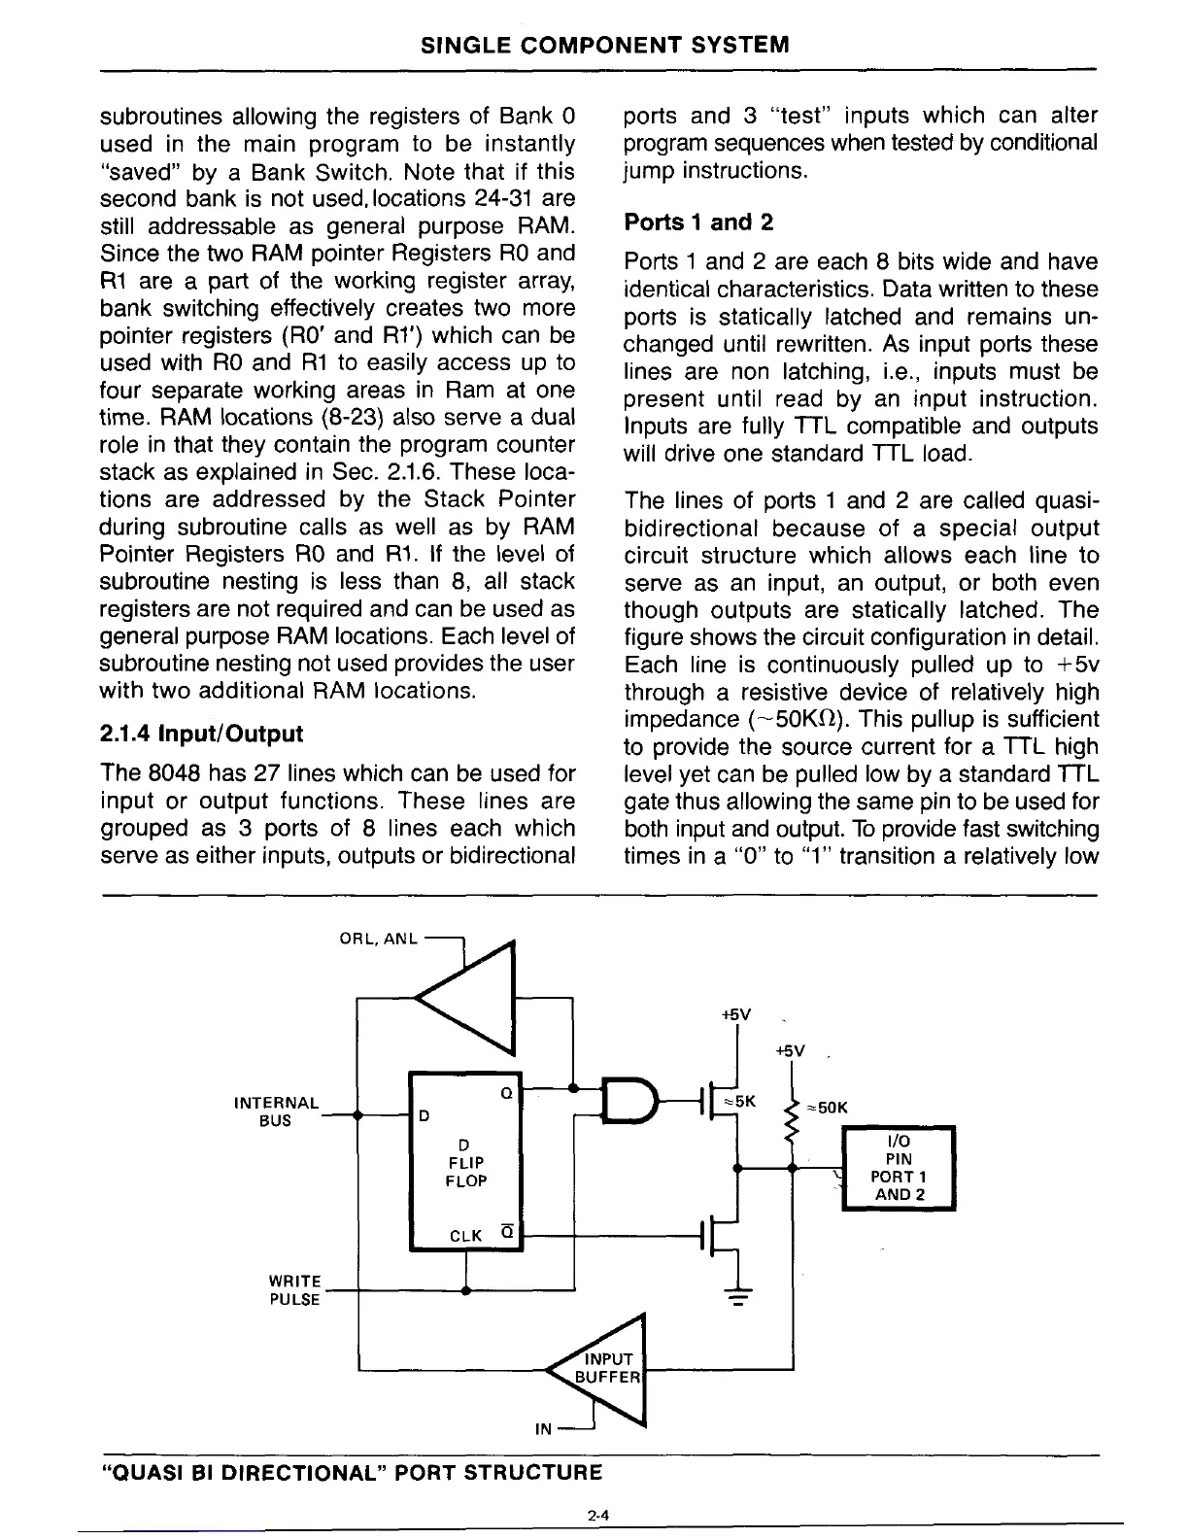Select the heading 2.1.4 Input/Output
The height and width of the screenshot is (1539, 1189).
coord(201,733)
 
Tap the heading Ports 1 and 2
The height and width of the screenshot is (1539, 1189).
coord(698,222)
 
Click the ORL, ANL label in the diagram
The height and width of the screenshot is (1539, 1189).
coord(378,939)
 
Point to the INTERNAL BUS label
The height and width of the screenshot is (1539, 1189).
coord(277,1111)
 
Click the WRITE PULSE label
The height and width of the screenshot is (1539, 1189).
coord(295,1291)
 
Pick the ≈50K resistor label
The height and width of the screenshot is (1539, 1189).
coord(829,1107)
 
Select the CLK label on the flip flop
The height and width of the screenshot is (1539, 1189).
coord(466,1236)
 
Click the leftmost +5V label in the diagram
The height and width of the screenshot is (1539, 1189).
coord(736,1014)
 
